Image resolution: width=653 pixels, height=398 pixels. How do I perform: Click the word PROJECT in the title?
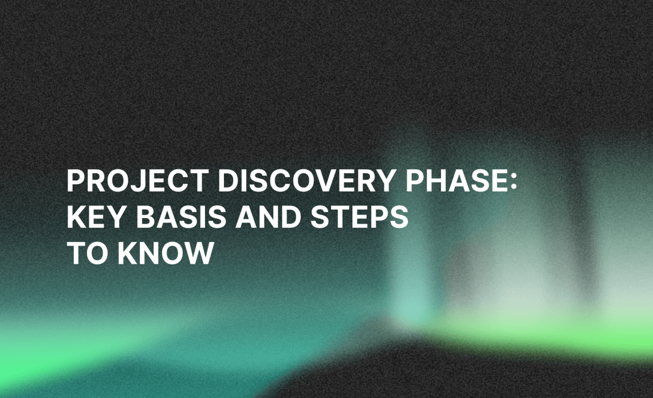tap(137, 181)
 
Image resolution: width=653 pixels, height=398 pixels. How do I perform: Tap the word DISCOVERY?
tap(306, 181)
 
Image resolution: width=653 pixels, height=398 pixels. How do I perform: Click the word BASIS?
tap(181, 217)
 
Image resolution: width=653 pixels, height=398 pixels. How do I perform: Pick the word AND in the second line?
tap(268, 217)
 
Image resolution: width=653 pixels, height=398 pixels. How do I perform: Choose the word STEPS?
tap(359, 217)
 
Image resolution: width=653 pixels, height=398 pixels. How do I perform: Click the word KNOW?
tap(166, 253)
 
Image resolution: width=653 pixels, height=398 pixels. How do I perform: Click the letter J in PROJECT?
tap(143, 181)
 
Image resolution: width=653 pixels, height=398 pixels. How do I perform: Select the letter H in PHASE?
tap(435, 181)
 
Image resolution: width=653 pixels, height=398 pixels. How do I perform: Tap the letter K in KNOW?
tap(127, 253)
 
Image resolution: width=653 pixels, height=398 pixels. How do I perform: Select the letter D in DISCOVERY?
tap(228, 181)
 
